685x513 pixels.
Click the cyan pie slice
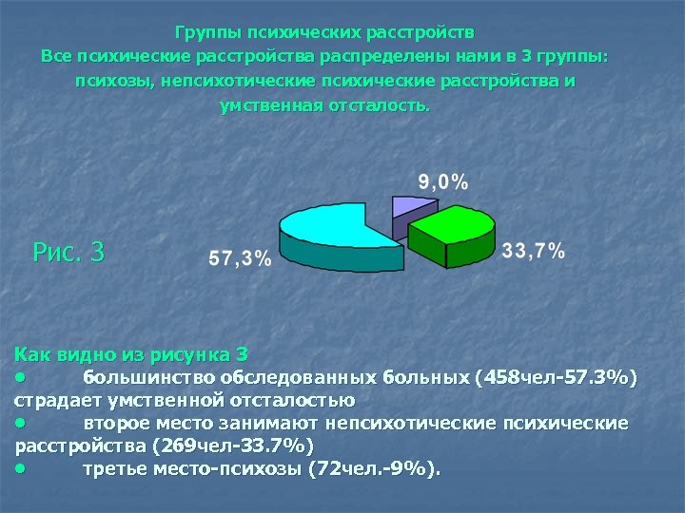tap(328, 228)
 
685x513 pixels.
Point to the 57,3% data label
tap(239, 258)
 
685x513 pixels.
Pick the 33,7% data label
tap(533, 251)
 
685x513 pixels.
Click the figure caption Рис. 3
tap(68, 253)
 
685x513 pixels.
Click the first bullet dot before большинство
tap(19, 377)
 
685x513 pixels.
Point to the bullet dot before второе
tap(19, 423)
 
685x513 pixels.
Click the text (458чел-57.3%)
tap(555, 378)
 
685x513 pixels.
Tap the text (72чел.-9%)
tap(376, 468)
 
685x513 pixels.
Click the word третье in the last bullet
tap(117, 468)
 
